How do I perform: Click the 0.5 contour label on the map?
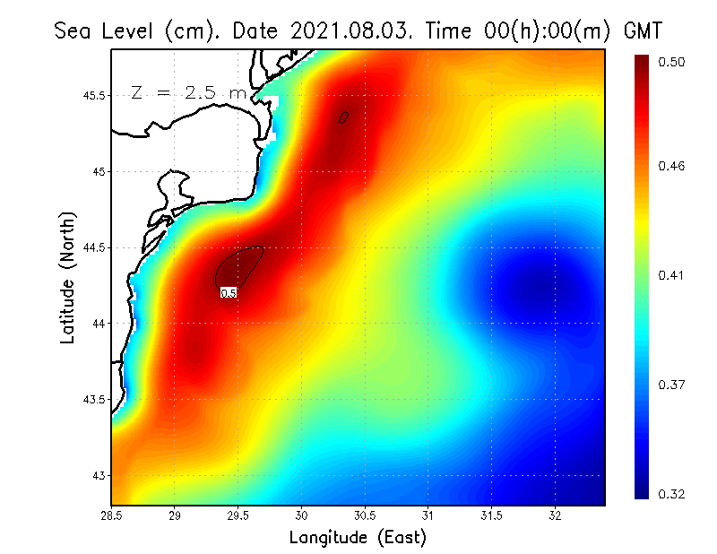pos(229,292)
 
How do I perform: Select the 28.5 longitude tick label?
pos(112,515)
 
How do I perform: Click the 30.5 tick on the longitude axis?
pos(365,515)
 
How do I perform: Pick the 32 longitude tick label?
pos(556,515)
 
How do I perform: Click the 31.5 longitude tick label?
pos(492,515)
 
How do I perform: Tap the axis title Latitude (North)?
pos(68,278)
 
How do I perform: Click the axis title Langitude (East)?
pos(358,537)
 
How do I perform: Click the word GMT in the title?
pos(643,30)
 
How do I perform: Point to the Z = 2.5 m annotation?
pos(188,92)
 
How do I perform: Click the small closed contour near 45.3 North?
pos(343,117)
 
